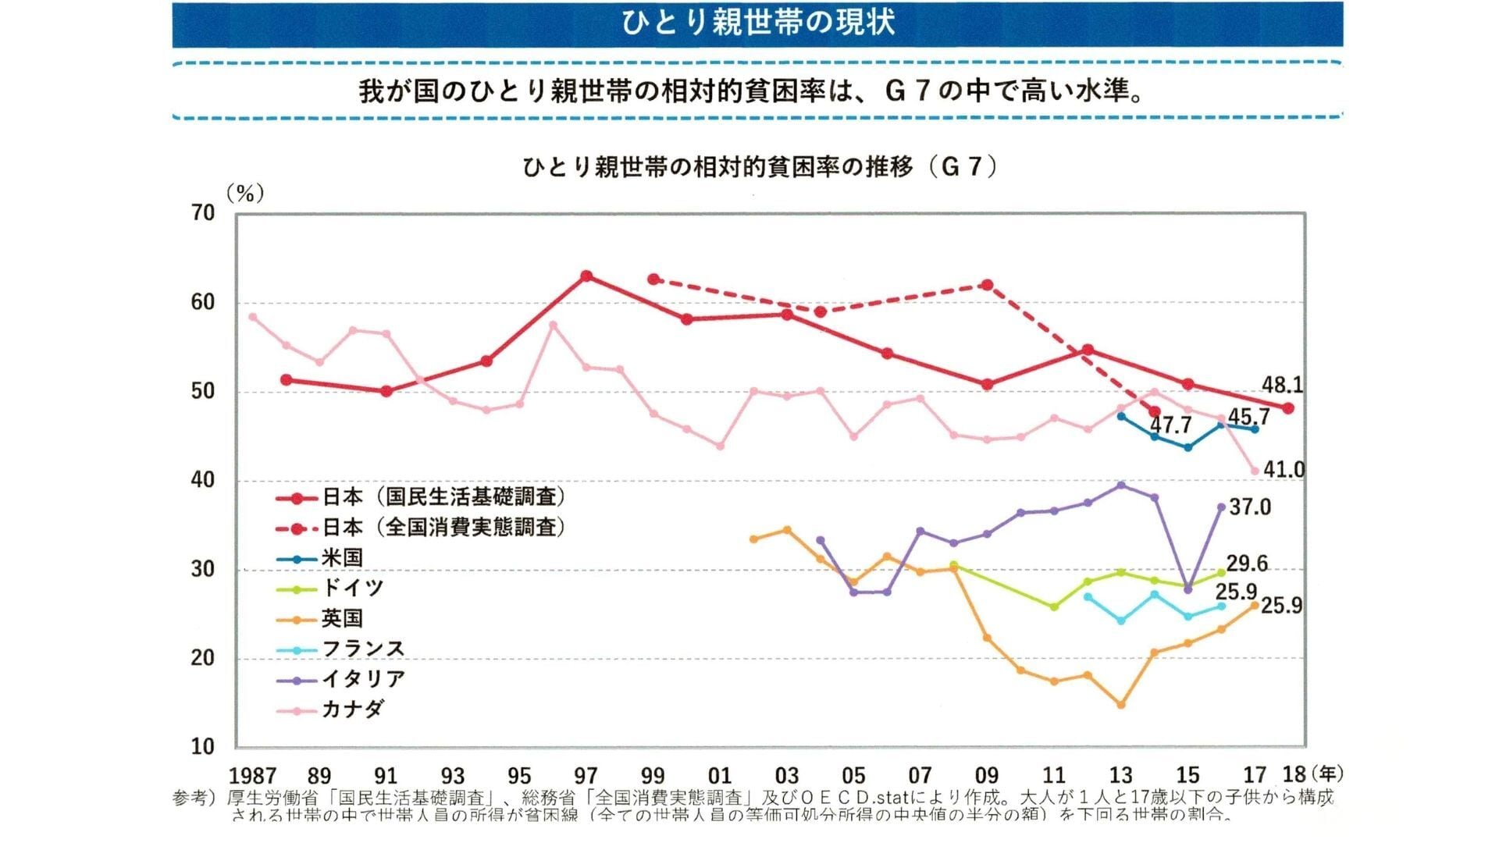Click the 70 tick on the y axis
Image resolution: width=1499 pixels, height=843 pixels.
tap(203, 213)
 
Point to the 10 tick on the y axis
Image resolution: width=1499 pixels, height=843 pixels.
tap(203, 747)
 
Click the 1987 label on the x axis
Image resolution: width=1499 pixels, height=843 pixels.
tap(252, 776)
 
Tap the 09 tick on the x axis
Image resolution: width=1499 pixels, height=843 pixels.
tap(987, 776)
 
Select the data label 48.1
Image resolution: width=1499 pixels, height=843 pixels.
tap(1282, 385)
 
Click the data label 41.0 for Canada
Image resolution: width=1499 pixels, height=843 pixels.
tap(1284, 470)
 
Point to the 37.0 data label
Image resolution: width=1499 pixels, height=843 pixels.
tap(1250, 507)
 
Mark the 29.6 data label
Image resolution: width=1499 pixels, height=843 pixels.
tap(1247, 564)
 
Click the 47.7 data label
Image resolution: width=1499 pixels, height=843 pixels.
tap(1170, 425)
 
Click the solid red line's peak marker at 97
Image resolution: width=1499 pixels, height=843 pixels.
tap(587, 276)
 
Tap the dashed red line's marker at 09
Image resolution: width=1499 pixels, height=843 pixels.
tap(988, 285)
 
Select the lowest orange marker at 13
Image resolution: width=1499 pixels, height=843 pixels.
tap(1121, 705)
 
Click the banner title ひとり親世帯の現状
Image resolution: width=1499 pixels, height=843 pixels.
tap(757, 23)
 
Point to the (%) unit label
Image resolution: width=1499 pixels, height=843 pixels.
tap(245, 193)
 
